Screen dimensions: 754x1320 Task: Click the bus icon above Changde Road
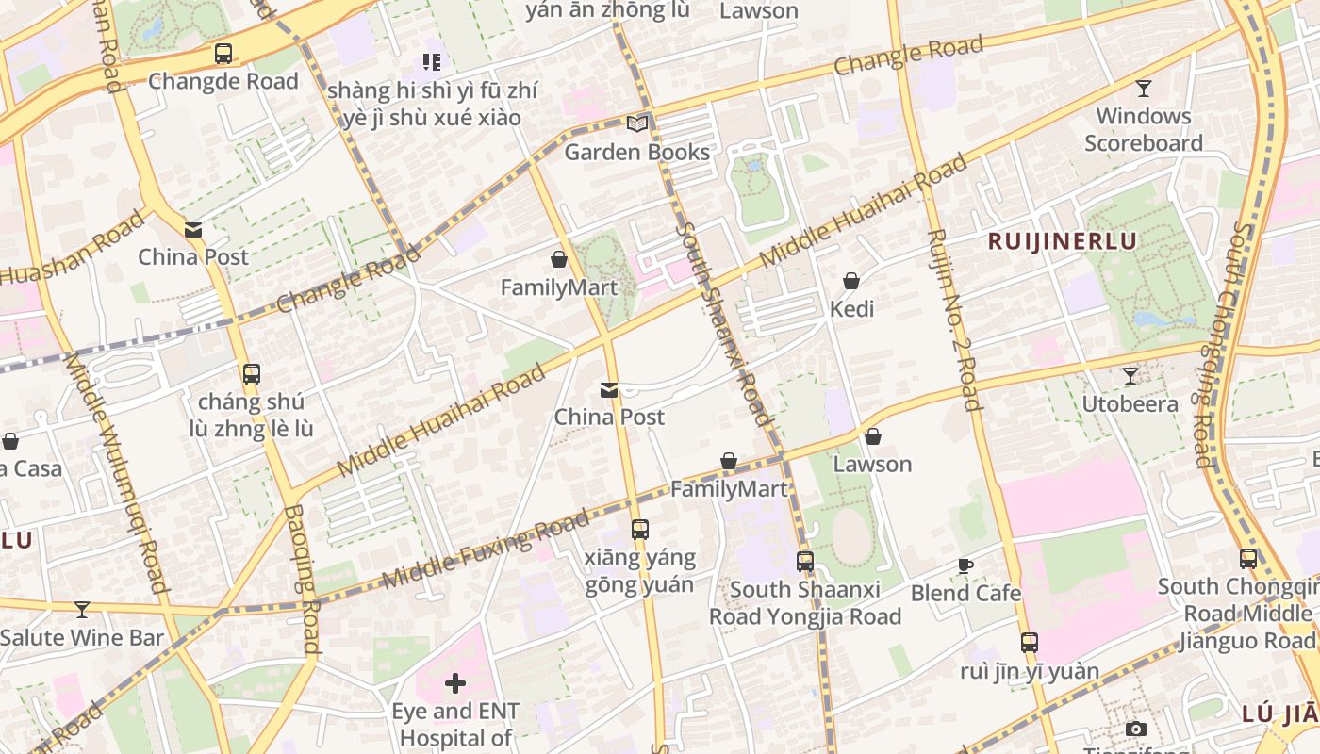point(223,54)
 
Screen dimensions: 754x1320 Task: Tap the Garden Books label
point(636,152)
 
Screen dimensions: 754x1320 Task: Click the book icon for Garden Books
point(637,123)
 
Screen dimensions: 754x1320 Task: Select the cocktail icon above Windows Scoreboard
point(1143,89)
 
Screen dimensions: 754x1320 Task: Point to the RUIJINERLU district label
point(1062,241)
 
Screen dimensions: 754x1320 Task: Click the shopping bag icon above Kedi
point(851,281)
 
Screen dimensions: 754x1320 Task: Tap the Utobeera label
point(1130,404)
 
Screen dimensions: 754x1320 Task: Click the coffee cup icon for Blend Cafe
point(965,565)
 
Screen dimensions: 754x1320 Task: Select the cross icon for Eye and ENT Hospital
point(455,682)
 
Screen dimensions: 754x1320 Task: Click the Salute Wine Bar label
point(82,638)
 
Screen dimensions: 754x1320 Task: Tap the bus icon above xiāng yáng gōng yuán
point(640,530)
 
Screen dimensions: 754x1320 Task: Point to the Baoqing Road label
point(302,580)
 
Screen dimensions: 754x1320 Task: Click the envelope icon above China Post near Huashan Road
point(193,230)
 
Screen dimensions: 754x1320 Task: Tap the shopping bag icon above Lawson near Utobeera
point(873,436)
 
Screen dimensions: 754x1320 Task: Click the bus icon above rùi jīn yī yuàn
point(1029,643)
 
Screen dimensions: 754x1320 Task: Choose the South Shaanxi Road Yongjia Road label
point(805,603)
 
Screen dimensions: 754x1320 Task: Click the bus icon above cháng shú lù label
point(251,374)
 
